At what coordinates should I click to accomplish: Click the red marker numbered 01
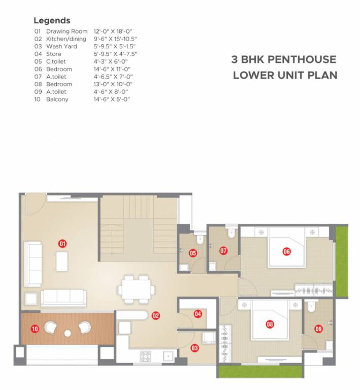(62, 243)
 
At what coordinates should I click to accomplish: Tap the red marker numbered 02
(155, 315)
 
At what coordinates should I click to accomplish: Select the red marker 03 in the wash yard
(194, 348)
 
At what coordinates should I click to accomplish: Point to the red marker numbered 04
(198, 314)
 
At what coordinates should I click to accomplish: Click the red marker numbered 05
(193, 253)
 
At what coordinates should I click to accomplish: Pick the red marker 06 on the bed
(286, 251)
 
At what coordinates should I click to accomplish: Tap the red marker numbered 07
(223, 250)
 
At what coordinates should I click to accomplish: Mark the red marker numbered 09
(318, 328)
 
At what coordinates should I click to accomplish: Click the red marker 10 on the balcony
(35, 329)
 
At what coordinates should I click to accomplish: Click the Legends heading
(52, 21)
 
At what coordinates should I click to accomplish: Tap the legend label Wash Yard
(61, 46)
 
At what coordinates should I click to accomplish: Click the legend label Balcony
(57, 100)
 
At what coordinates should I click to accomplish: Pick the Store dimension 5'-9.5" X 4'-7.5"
(115, 54)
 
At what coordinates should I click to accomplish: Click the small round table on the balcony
(68, 333)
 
